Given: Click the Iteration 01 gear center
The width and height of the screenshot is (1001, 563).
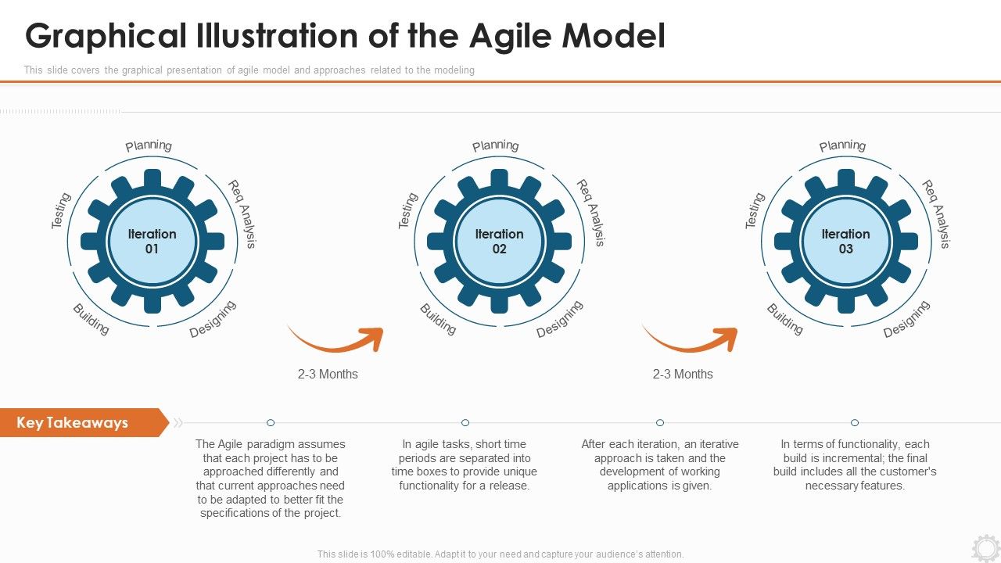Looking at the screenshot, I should pos(152,241).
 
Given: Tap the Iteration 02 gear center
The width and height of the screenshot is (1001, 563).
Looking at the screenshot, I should pos(499,241).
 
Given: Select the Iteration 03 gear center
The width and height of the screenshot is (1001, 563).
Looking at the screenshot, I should pos(845,241).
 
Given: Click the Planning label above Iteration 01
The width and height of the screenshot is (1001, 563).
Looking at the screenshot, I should pos(149,145).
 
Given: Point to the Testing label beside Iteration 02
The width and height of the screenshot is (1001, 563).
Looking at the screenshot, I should pos(408,210).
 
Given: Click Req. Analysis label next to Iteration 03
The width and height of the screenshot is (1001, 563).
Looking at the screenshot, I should pos(936,213).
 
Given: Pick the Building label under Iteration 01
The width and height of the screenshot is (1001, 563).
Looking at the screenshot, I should pos(91,319).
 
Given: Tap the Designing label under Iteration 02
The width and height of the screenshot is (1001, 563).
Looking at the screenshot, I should pos(560,319).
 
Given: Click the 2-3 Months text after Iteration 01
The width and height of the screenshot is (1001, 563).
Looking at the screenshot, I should pos(328,374).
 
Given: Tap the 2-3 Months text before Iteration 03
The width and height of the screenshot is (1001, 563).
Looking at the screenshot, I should pos(683,374).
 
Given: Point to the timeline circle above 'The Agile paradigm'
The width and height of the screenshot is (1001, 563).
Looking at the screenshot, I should pos(271,422).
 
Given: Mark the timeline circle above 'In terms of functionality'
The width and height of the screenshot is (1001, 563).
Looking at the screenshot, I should pos(855,422).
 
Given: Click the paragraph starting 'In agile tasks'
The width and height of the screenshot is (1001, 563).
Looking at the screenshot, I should pos(465,464).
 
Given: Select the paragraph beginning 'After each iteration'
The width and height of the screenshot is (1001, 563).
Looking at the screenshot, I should pos(660,464).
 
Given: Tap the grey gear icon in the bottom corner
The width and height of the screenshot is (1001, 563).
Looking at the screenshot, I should pos(985,547).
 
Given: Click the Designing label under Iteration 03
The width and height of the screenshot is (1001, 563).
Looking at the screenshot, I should pos(906,319).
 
